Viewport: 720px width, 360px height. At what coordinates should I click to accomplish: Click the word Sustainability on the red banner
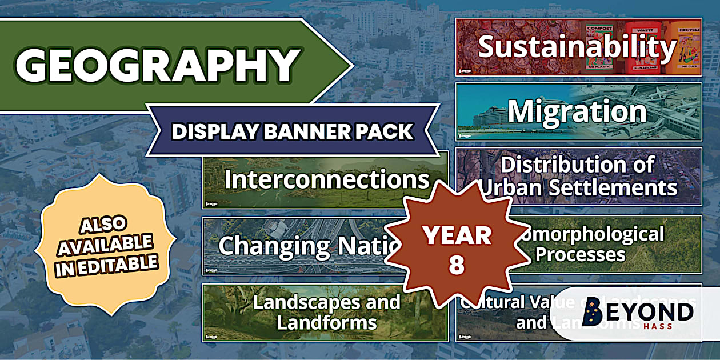pyautogui.click(x=577, y=47)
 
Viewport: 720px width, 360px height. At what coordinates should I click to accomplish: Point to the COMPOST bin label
pyautogui.click(x=599, y=29)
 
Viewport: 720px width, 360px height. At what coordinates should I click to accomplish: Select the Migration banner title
pyautogui.click(x=577, y=111)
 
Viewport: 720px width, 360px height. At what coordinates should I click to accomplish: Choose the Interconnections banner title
pyautogui.click(x=327, y=179)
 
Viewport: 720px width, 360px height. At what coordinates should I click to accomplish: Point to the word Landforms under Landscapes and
pyautogui.click(x=327, y=322)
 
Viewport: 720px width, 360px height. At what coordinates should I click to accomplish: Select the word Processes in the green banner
pyautogui.click(x=580, y=254)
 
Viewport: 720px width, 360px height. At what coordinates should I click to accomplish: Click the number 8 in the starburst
pyautogui.click(x=457, y=266)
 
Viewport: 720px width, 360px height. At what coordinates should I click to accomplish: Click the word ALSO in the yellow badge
pyautogui.click(x=103, y=224)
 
